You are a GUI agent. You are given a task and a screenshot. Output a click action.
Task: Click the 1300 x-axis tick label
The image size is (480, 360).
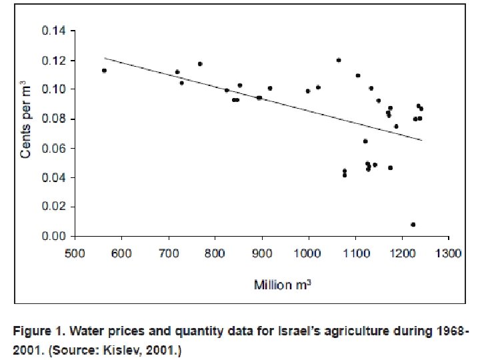[448, 253]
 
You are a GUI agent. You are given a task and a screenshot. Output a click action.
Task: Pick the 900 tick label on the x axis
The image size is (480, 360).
[262, 253]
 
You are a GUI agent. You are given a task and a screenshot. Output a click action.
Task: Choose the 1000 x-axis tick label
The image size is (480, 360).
[308, 253]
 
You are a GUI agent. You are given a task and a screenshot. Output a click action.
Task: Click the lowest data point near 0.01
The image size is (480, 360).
[413, 225]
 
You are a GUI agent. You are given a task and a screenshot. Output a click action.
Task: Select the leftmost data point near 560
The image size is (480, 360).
[104, 71]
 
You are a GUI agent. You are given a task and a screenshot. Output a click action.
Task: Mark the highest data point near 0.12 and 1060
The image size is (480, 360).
[339, 60]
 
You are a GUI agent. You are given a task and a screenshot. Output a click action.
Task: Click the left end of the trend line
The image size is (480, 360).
[105, 59]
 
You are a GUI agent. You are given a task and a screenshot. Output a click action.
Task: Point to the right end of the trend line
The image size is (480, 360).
[422, 140]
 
